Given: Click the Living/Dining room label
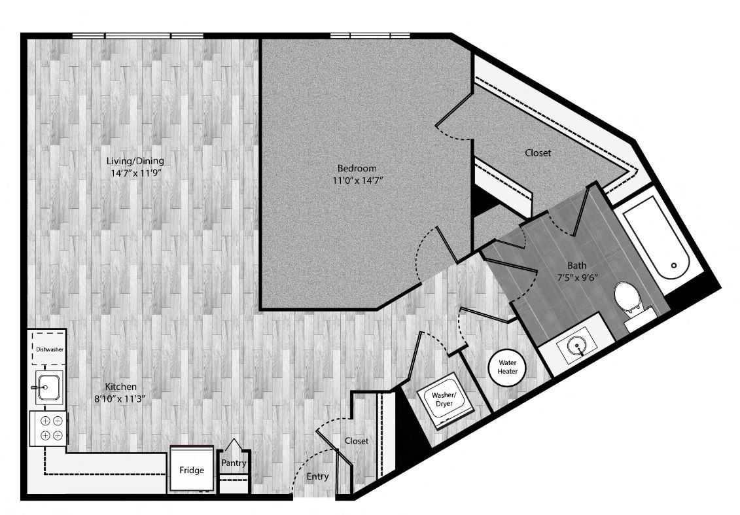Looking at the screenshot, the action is pos(135,161).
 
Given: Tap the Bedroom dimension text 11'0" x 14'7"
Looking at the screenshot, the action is pos(357,180).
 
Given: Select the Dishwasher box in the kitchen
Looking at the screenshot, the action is pos(49,349).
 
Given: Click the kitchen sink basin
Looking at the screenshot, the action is pos(48,387).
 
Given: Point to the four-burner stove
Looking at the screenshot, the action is pos(49,428).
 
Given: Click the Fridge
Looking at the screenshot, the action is pos(192,470).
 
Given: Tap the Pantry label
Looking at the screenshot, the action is pos(234,463).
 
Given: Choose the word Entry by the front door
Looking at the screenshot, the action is pos(317,476).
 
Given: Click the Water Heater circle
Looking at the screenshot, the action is pos(507,366).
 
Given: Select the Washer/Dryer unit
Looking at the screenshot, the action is pos(444,400).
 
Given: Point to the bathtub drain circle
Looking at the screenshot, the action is pos(674,266).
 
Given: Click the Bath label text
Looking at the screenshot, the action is pos(576,265).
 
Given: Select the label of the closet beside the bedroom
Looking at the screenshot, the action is pos(538,153).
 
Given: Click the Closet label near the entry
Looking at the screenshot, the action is pos(357,440).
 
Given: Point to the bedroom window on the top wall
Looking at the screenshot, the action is pos(370,36).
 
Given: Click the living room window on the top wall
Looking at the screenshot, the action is pos(138,36).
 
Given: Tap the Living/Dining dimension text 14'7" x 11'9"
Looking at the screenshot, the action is pos(136,173).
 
